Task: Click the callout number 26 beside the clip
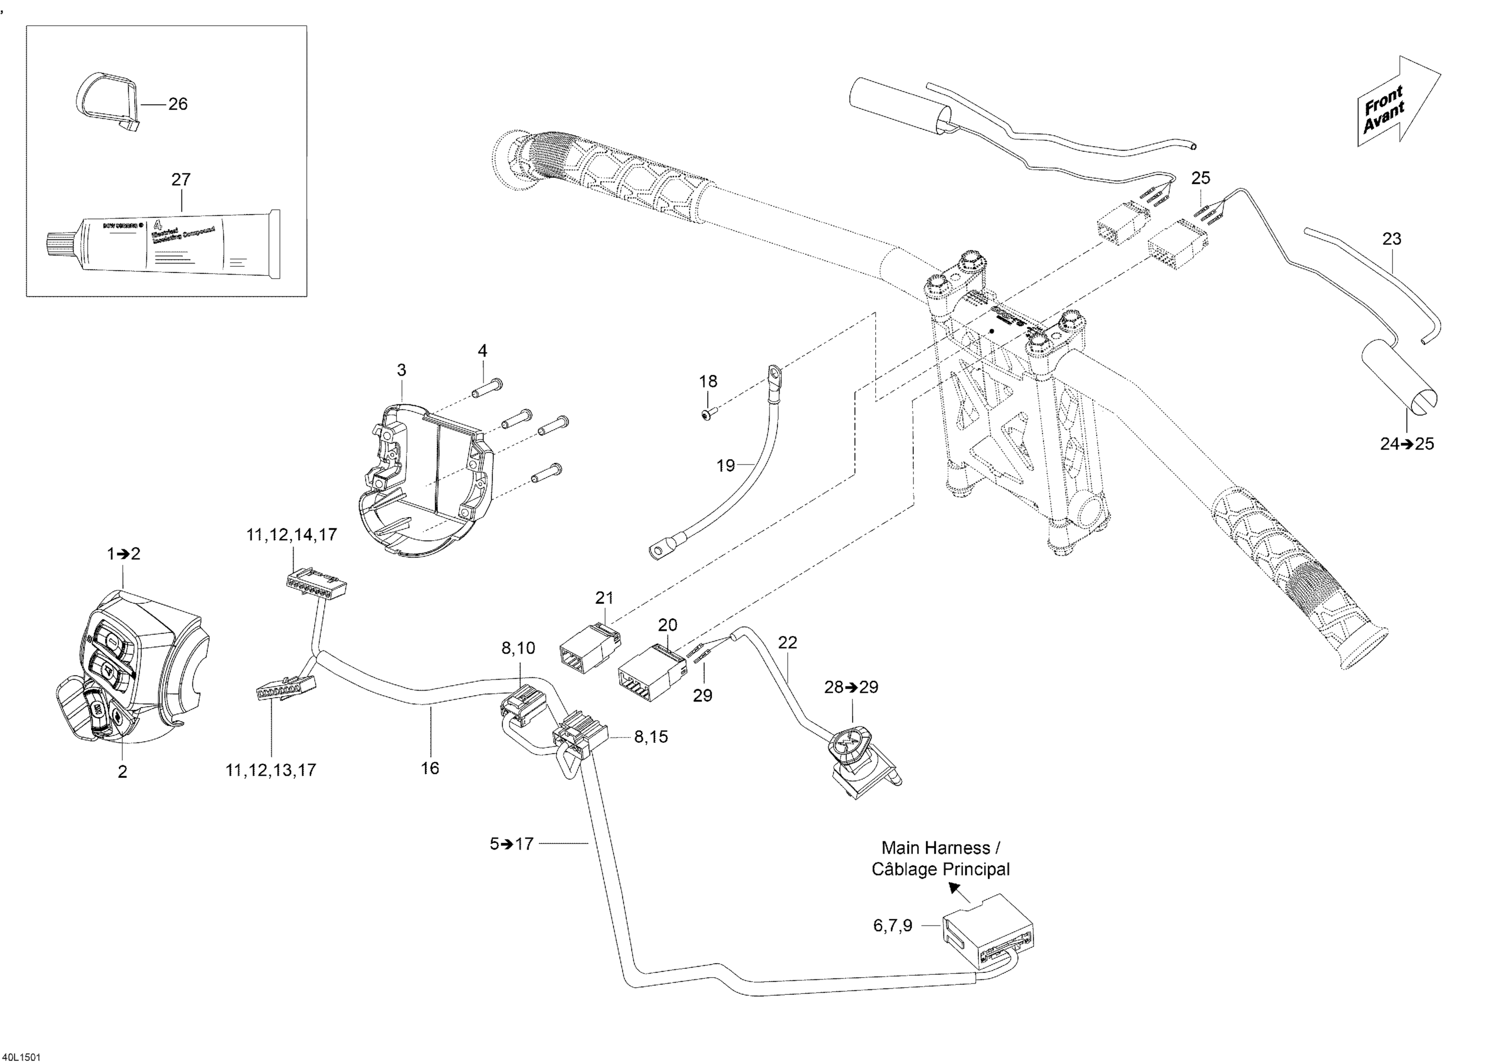pyautogui.click(x=177, y=104)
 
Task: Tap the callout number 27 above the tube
pyautogui.click(x=181, y=179)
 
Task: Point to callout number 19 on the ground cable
pyautogui.click(x=725, y=466)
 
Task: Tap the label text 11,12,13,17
pyautogui.click(x=271, y=770)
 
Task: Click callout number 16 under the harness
pyautogui.click(x=429, y=768)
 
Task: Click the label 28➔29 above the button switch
pyautogui.click(x=851, y=687)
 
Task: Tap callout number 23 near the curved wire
pyautogui.click(x=1391, y=239)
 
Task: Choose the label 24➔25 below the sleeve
pyautogui.click(x=1407, y=444)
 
